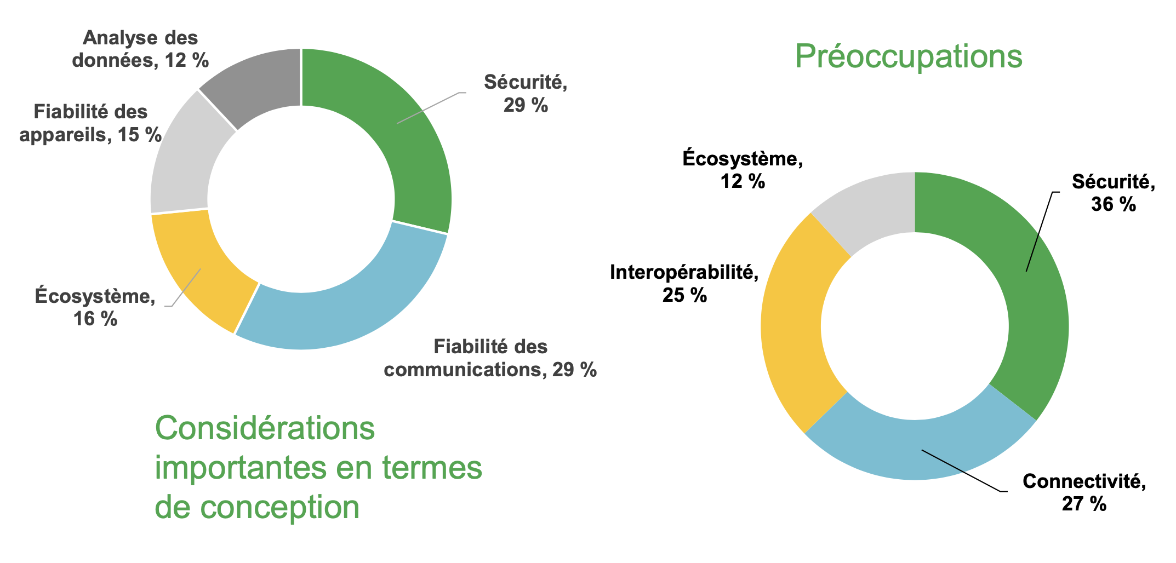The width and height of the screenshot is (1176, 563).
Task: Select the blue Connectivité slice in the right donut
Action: pyautogui.click(x=921, y=449)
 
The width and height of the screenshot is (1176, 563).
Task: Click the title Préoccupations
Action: pyautogui.click(x=909, y=56)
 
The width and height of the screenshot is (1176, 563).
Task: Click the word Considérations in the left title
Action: pyautogui.click(x=265, y=428)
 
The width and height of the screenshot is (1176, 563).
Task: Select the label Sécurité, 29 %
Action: pyautogui.click(x=526, y=94)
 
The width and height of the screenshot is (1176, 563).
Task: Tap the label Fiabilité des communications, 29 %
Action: pyautogui.click(x=490, y=358)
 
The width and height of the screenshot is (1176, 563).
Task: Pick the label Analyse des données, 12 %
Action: pyautogui.click(x=141, y=49)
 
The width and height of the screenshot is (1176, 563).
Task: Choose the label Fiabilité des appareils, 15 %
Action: pyautogui.click(x=90, y=123)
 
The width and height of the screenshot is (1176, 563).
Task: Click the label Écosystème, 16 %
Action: pyautogui.click(x=95, y=307)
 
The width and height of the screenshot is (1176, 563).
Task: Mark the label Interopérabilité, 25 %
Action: pyautogui.click(x=684, y=284)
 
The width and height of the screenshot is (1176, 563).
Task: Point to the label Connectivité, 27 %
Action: pyautogui.click(x=1084, y=492)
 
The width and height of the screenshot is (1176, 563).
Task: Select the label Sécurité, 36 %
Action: pyautogui.click(x=1114, y=193)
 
